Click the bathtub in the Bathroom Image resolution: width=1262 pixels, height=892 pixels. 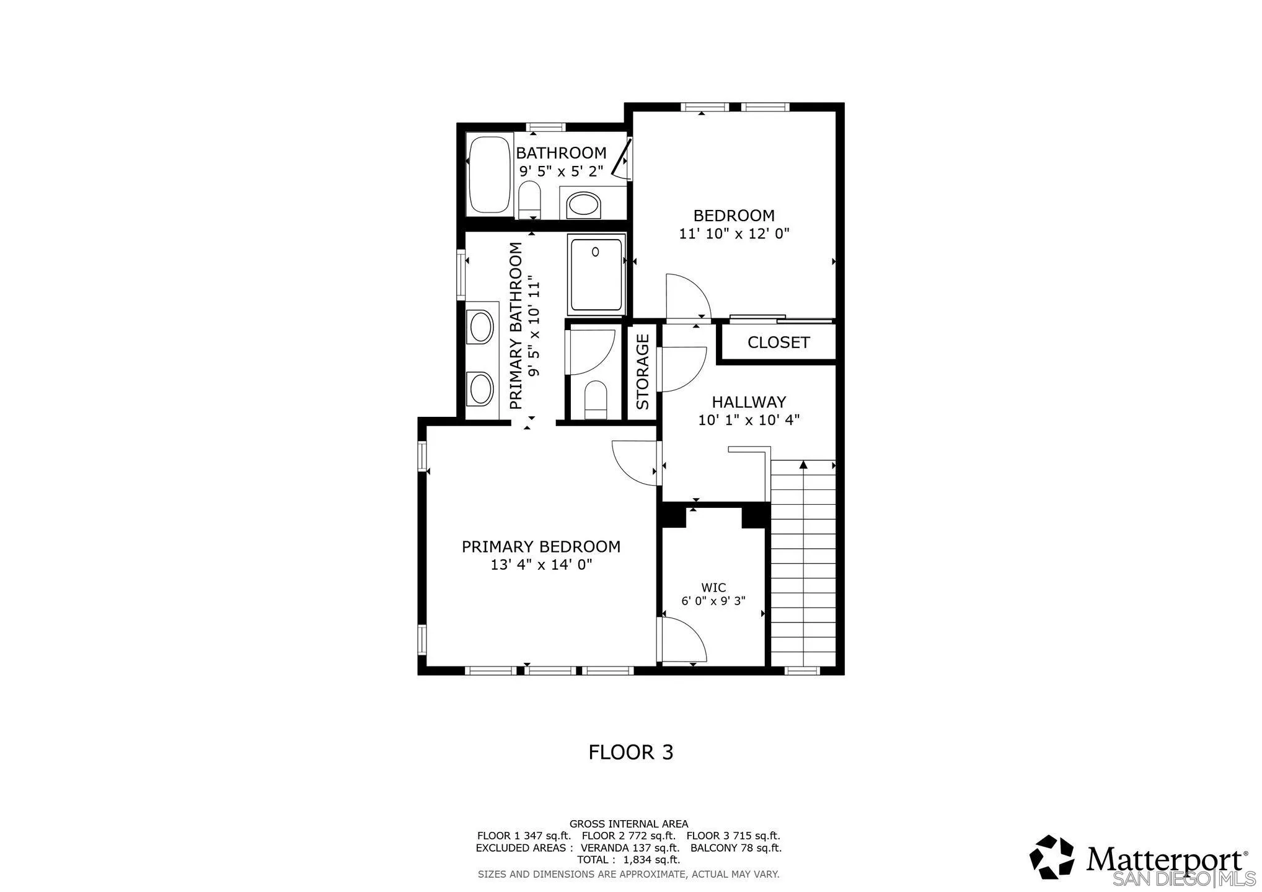(x=489, y=175)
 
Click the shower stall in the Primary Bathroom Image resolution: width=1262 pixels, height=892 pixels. (x=596, y=274)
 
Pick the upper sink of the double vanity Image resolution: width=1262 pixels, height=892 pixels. (x=481, y=328)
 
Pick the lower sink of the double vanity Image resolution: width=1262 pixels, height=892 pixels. (x=481, y=389)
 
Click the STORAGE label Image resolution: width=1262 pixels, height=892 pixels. (x=643, y=372)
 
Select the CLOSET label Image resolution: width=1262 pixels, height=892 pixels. (x=779, y=343)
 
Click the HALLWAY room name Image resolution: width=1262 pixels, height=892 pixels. (x=749, y=402)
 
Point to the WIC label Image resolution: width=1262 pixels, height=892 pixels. (x=713, y=587)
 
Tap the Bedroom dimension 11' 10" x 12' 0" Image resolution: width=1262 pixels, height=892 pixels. (x=734, y=234)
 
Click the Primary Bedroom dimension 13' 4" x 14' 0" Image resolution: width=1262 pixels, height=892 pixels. (x=542, y=565)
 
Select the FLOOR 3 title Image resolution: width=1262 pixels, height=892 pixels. (x=630, y=752)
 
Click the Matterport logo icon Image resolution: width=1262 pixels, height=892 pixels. (x=1052, y=857)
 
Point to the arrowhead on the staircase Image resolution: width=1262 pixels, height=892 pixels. (x=803, y=465)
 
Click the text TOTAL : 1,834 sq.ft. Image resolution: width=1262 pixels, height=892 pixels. (x=629, y=860)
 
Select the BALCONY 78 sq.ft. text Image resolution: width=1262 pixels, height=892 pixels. (x=736, y=848)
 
